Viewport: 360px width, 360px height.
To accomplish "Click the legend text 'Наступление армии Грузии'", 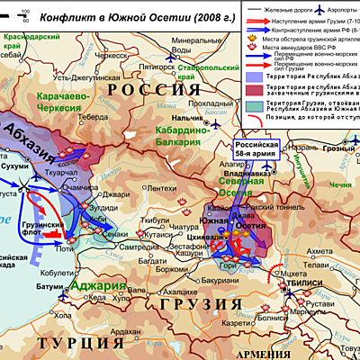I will (x=306, y=18).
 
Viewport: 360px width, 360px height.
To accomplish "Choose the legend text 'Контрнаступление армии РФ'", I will (x=306, y=28).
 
